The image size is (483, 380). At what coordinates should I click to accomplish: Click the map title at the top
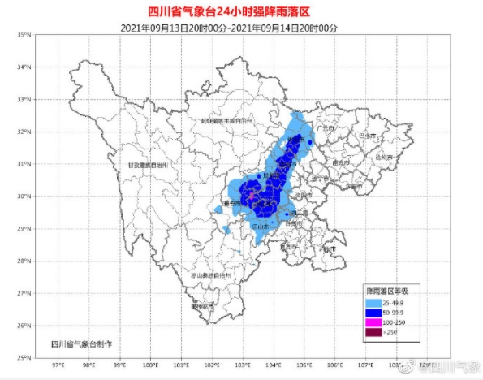click(x=240, y=11)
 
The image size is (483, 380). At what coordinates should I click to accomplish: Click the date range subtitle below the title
click(x=240, y=26)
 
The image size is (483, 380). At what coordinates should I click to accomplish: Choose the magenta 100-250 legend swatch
click(x=375, y=322)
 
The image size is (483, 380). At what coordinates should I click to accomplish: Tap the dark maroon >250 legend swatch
click(x=375, y=332)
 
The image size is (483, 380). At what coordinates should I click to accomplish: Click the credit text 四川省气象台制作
click(x=81, y=345)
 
